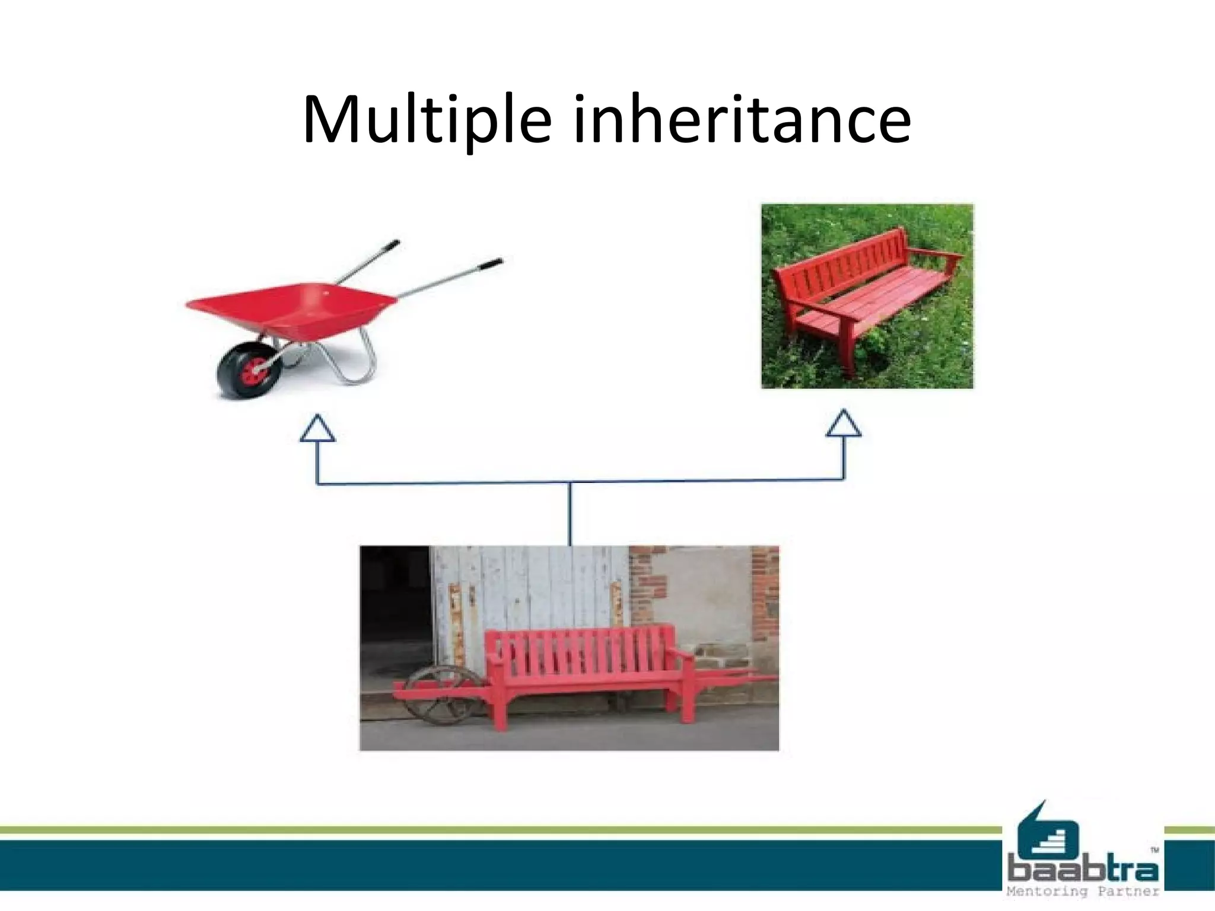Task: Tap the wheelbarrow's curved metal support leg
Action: pos(362,362)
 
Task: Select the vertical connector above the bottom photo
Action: pos(570,514)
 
